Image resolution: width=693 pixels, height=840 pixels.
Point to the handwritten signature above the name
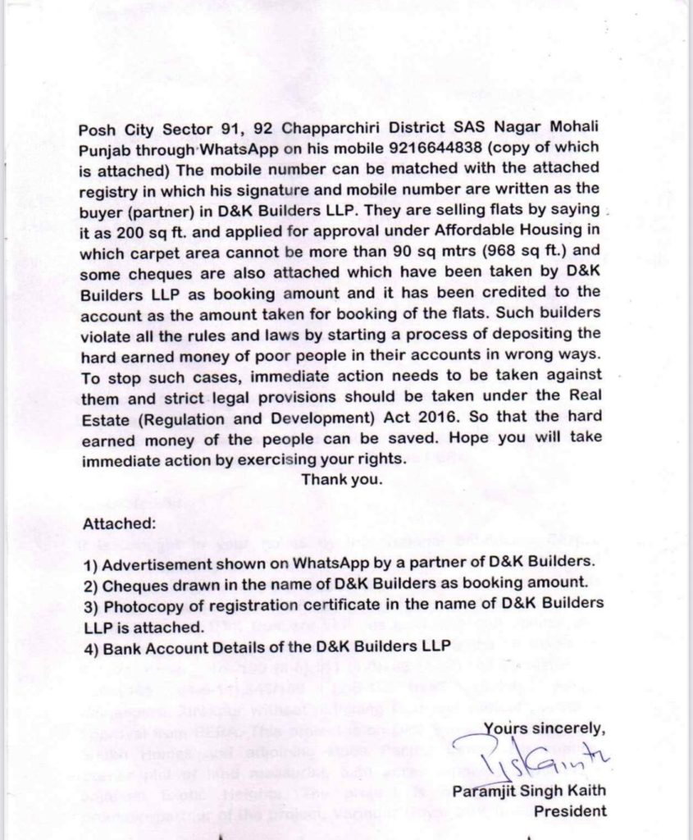pyautogui.click(x=553, y=767)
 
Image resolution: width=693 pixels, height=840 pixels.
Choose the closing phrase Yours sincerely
pyautogui.click(x=545, y=727)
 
